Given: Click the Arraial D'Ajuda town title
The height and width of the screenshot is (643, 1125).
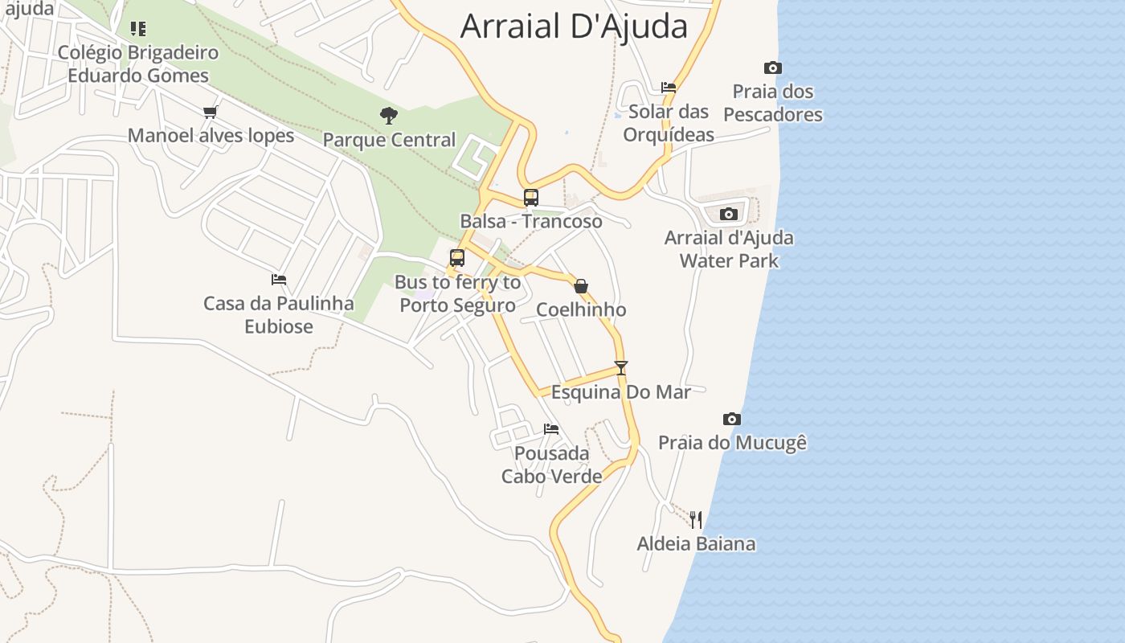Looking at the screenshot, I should coord(574,27).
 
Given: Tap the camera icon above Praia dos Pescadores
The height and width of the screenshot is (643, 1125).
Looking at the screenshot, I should coord(772,68).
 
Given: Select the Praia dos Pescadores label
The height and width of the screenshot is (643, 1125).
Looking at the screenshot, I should coord(772,103).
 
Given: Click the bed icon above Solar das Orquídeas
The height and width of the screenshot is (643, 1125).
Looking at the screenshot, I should coord(669,88).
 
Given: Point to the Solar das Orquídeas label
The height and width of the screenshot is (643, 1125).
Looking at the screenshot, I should coord(669,123).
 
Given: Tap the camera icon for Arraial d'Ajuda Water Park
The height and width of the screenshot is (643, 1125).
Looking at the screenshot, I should coord(729,214).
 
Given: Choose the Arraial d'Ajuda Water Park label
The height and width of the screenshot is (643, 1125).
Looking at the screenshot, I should coord(729,249).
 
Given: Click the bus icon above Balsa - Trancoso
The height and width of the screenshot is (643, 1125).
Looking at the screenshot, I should coord(530,197).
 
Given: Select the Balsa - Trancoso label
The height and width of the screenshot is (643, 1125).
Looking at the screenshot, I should coord(530,221).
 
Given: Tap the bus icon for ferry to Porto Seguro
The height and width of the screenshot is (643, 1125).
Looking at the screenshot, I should coord(457,258).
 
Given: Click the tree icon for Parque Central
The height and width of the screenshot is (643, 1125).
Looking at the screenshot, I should coord(389,116).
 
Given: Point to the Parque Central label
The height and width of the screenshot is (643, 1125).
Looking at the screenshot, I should coord(389,140).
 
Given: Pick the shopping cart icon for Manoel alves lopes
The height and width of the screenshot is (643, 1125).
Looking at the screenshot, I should coord(211,112).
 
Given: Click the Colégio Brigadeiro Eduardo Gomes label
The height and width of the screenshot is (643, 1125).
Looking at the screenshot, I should coord(138,64).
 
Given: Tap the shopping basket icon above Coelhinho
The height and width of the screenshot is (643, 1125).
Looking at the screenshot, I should coord(581,286).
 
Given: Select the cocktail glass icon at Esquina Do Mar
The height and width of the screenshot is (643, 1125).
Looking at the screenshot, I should coord(620,368).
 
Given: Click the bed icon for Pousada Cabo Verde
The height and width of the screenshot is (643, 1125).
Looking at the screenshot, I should coord(551,429).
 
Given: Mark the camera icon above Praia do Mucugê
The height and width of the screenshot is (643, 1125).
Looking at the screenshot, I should coord(731,419).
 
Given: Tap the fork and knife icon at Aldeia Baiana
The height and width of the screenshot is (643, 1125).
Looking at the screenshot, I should coord(696,520).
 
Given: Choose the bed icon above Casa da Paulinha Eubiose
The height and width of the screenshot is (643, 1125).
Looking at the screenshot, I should coord(278,280).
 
